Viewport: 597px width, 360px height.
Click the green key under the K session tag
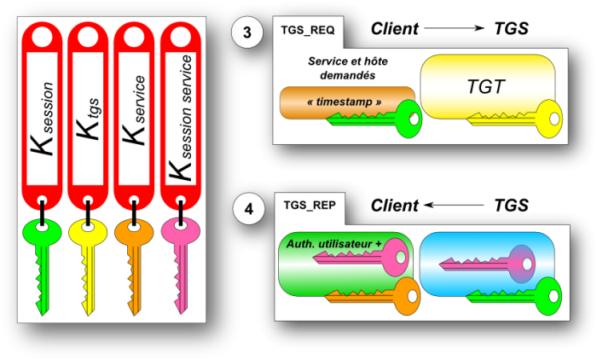pos(41,260)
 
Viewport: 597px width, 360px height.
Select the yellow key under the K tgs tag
pos(87,260)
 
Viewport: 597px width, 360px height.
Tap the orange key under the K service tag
pos(133,260)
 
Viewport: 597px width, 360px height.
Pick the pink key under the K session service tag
pos(180,260)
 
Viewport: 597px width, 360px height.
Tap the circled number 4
pos(247,208)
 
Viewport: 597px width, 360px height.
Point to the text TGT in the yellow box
pos(487,87)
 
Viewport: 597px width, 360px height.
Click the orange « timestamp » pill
pos(345,102)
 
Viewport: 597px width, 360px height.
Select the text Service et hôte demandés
pos(348,68)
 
